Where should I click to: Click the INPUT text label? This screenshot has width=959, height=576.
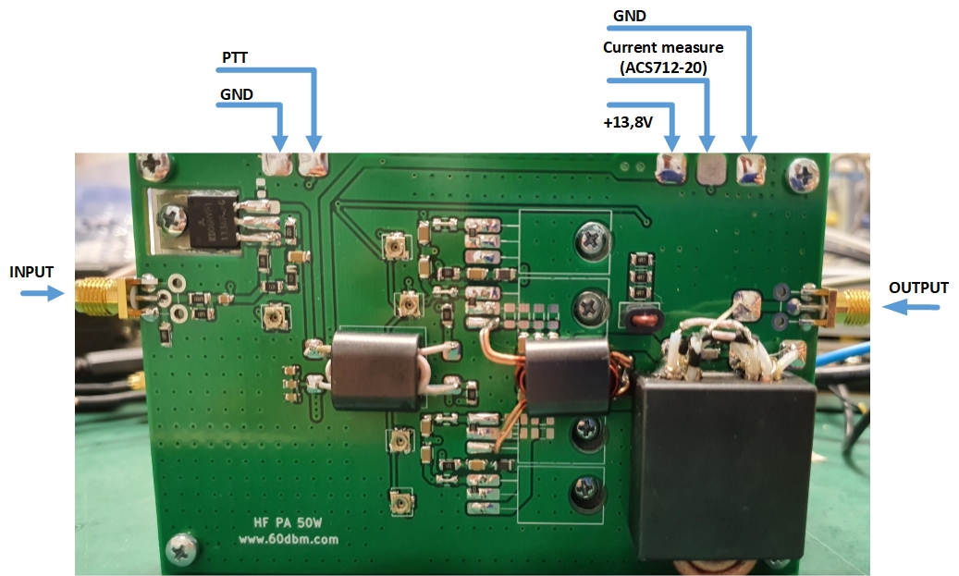point(31,272)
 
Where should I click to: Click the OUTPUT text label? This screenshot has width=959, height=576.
point(918,288)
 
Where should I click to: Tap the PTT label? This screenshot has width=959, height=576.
point(235,58)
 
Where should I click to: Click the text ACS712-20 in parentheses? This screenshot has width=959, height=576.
point(663,67)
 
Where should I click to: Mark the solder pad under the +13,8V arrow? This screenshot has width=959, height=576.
point(670,168)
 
